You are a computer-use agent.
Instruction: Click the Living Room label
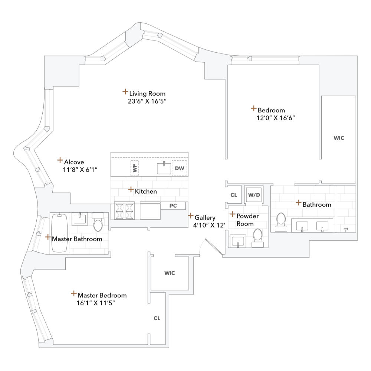147,93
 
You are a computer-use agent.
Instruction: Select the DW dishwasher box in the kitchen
179,168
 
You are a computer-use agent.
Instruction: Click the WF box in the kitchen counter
134,168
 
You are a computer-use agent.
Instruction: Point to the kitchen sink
163,168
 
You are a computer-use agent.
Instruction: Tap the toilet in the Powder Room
257,237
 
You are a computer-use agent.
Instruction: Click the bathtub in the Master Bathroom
59,233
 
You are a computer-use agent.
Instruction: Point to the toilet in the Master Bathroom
98,221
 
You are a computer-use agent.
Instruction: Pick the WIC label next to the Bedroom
339,138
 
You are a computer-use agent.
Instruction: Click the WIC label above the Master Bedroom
170,273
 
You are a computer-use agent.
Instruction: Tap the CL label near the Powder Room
233,195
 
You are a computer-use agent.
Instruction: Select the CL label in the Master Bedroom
157,318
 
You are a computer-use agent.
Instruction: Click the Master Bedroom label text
102,295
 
